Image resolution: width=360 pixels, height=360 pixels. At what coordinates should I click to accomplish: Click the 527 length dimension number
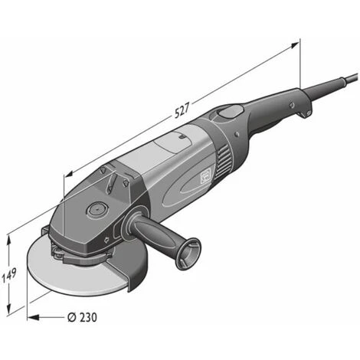[182, 110]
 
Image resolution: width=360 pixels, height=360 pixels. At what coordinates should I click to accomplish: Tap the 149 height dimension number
[9, 276]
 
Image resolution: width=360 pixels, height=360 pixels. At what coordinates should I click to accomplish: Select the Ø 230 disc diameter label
[82, 317]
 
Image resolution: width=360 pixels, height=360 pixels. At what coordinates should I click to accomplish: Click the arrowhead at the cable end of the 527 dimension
[294, 45]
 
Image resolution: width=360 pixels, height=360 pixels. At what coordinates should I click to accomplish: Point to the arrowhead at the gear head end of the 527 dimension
[69, 174]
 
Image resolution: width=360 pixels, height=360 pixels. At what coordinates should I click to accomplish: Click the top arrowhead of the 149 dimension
[9, 240]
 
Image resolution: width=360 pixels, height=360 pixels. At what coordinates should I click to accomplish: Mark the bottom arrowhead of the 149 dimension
[9, 309]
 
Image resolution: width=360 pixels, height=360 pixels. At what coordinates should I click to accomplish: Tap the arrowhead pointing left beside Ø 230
[33, 317]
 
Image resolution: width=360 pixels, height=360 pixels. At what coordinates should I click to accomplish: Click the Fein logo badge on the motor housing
[205, 175]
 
